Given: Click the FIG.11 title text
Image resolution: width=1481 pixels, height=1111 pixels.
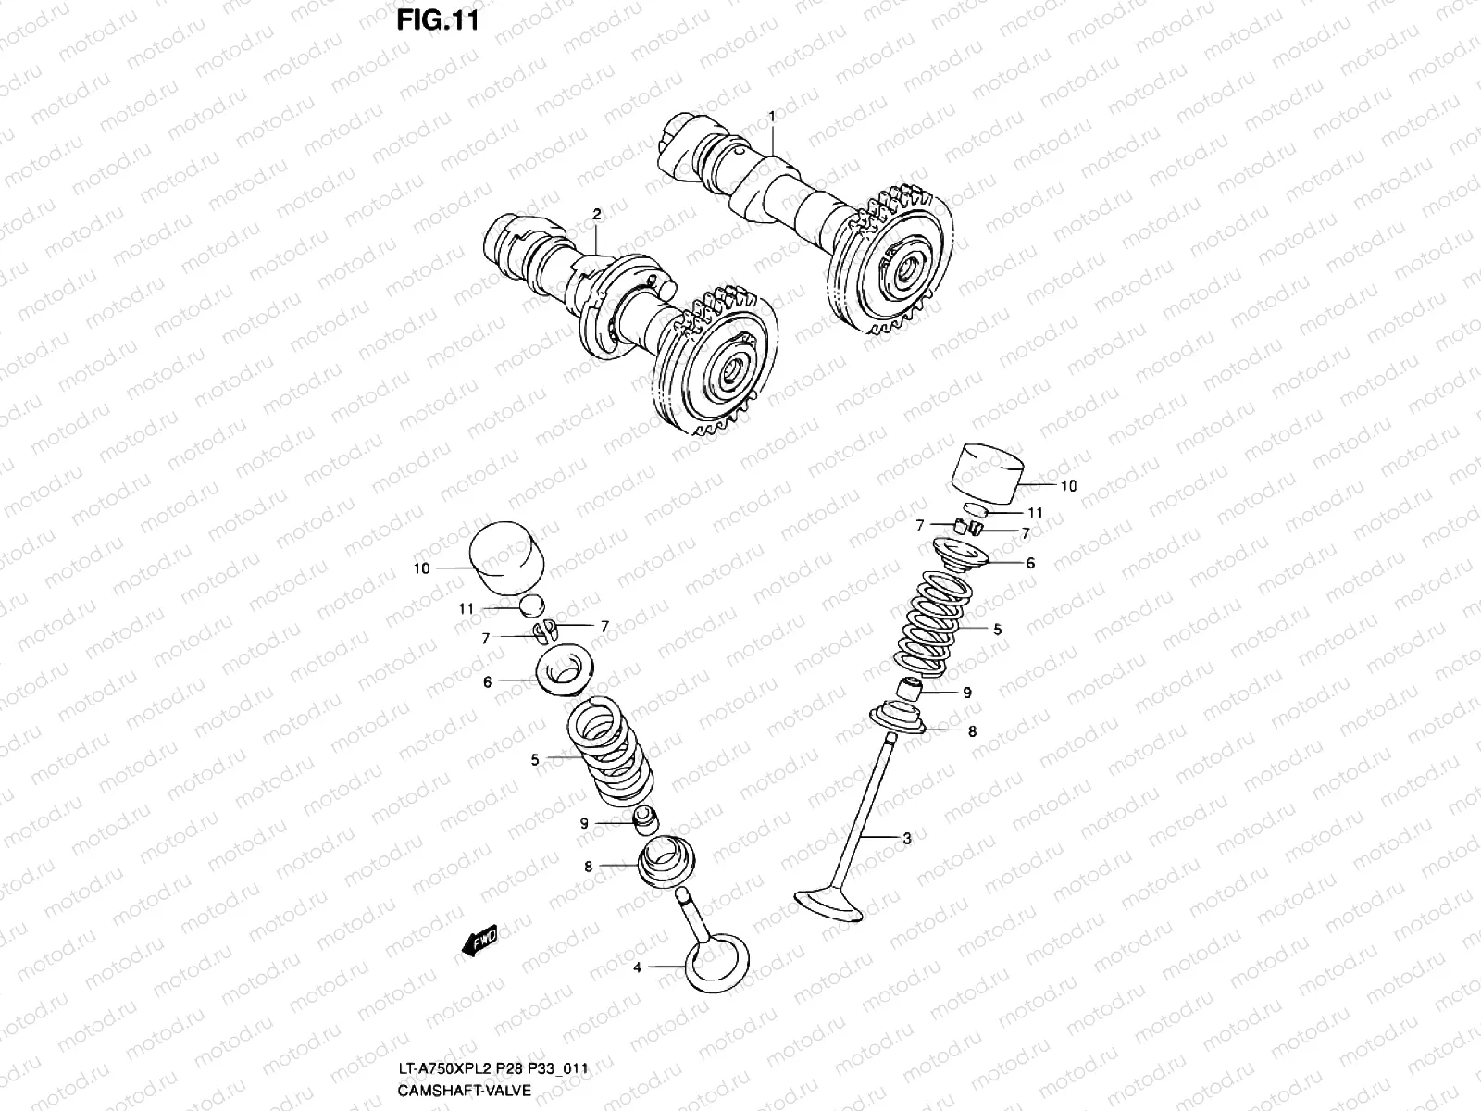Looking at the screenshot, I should pos(438,19).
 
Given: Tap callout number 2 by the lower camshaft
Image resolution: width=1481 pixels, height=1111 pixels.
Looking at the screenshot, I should pos(597,214).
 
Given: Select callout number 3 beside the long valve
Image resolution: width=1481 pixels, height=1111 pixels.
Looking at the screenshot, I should pos(907,839).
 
